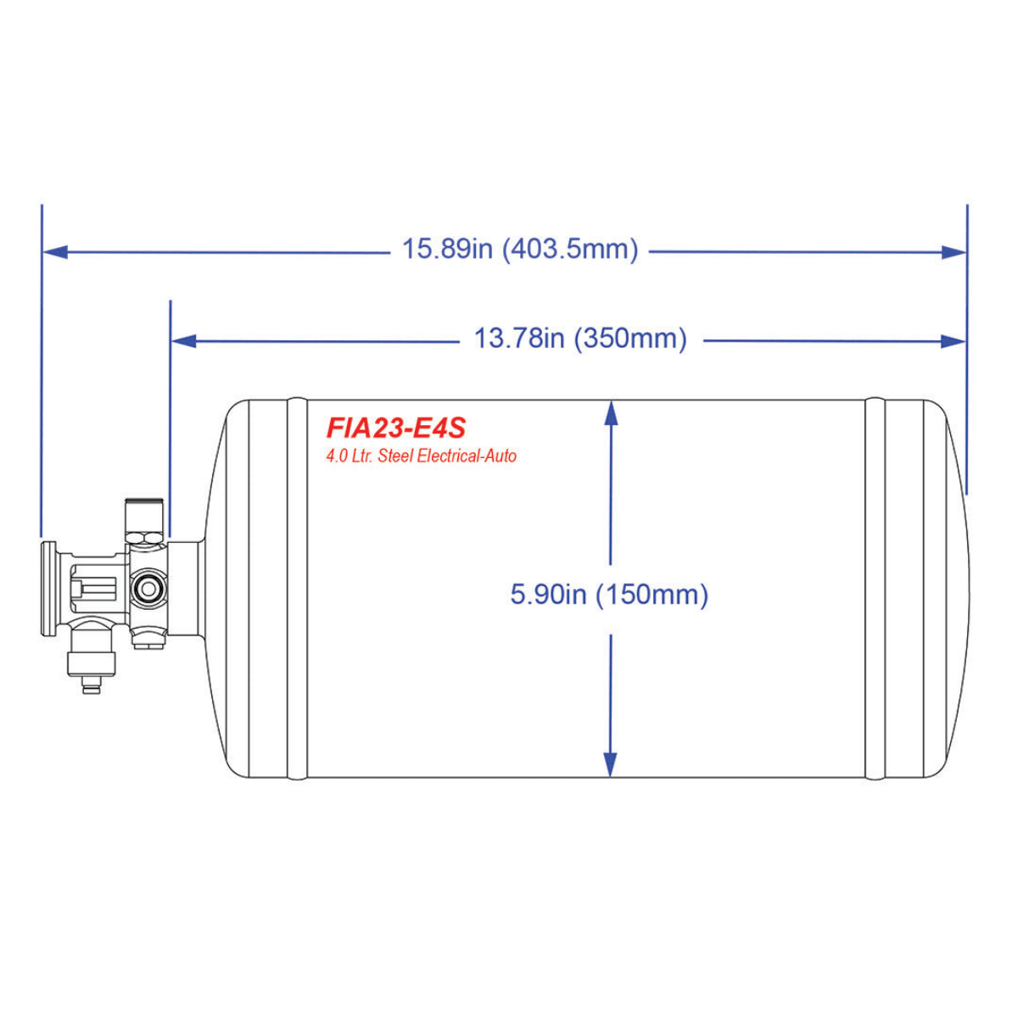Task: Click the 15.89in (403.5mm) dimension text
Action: pos(519,249)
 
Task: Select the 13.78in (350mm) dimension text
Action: pos(580,338)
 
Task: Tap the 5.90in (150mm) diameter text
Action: pos(609,594)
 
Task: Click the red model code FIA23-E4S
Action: pos(395,427)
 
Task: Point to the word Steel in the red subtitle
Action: pos(395,456)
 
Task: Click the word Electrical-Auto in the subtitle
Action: pos(467,456)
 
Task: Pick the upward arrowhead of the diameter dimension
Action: pos(610,412)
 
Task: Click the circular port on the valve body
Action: pos(149,587)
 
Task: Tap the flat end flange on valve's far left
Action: pos(48,588)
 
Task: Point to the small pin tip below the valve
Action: pos(91,685)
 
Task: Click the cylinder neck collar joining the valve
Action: pos(185,588)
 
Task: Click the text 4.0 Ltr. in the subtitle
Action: pos(350,456)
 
